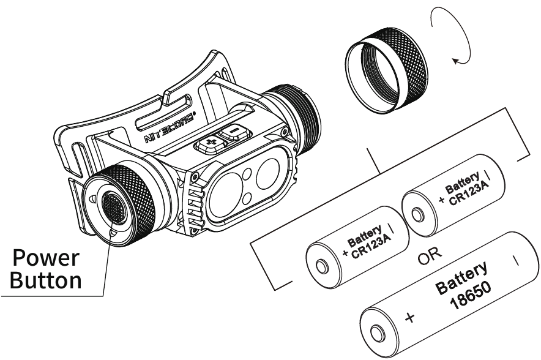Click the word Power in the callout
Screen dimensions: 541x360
45,258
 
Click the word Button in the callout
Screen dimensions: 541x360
45,280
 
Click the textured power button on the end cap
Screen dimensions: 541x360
114,208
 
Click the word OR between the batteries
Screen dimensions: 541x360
430,254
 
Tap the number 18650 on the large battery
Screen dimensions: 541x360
471,295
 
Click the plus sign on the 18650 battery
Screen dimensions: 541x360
410,317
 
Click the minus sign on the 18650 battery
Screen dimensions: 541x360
516,260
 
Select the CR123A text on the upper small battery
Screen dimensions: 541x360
469,194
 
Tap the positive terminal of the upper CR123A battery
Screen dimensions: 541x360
417,215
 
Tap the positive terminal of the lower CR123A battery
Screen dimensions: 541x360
321,267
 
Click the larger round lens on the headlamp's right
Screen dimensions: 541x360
267,174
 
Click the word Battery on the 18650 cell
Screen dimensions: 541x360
461,277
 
